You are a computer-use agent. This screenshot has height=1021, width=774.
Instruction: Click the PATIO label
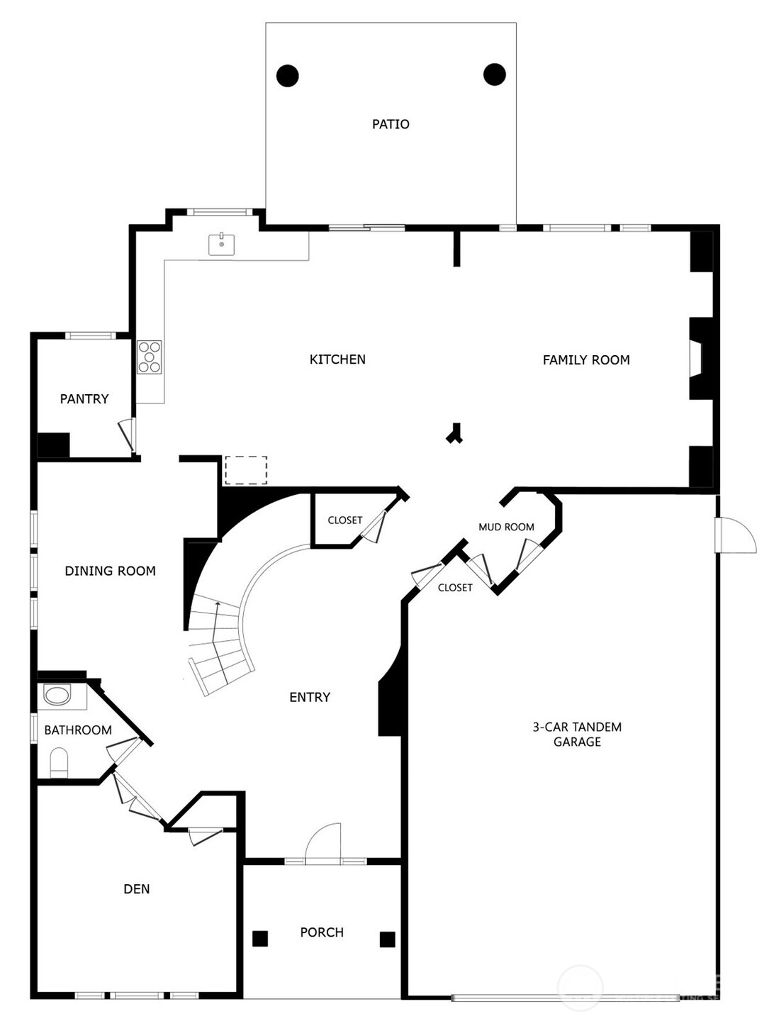391,124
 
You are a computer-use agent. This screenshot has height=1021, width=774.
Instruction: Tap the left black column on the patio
288,75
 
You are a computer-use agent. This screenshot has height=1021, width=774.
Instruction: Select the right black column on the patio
495,74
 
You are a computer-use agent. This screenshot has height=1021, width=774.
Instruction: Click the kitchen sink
222,244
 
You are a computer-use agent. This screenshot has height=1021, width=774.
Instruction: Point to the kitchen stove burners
150,357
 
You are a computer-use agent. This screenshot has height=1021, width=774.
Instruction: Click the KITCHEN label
337,359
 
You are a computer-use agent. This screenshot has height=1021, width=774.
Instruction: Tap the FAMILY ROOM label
586,360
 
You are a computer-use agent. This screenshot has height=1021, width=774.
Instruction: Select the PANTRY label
84,399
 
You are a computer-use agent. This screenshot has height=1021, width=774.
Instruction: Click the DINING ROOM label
110,571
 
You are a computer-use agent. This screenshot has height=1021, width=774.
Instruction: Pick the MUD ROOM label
506,527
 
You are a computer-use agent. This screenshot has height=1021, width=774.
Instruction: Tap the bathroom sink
57,695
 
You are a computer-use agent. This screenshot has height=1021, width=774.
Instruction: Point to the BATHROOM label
78,730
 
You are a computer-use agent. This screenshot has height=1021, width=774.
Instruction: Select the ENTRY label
310,697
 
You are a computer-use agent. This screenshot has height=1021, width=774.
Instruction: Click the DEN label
137,889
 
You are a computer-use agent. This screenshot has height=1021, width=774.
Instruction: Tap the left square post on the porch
260,939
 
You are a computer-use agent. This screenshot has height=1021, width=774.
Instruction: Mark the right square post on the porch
387,939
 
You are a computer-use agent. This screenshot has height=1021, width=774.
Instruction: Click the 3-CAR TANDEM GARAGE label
577,734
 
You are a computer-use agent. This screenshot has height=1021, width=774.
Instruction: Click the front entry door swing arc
323,842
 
